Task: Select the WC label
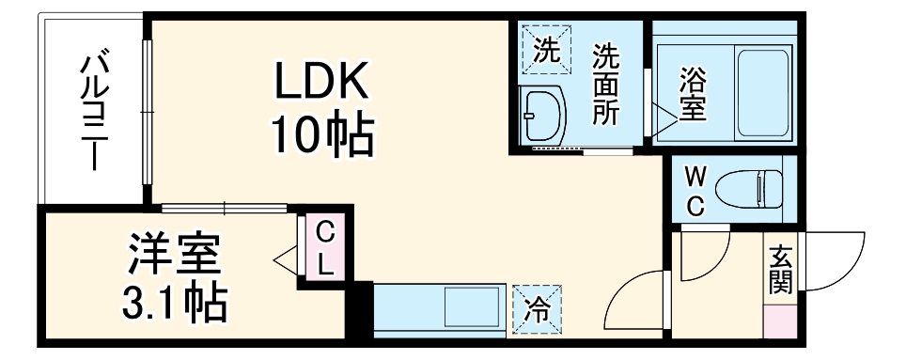point(695,191)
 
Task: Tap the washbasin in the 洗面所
point(543,117)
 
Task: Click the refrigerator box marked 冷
point(537,307)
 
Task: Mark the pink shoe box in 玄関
point(779,324)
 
